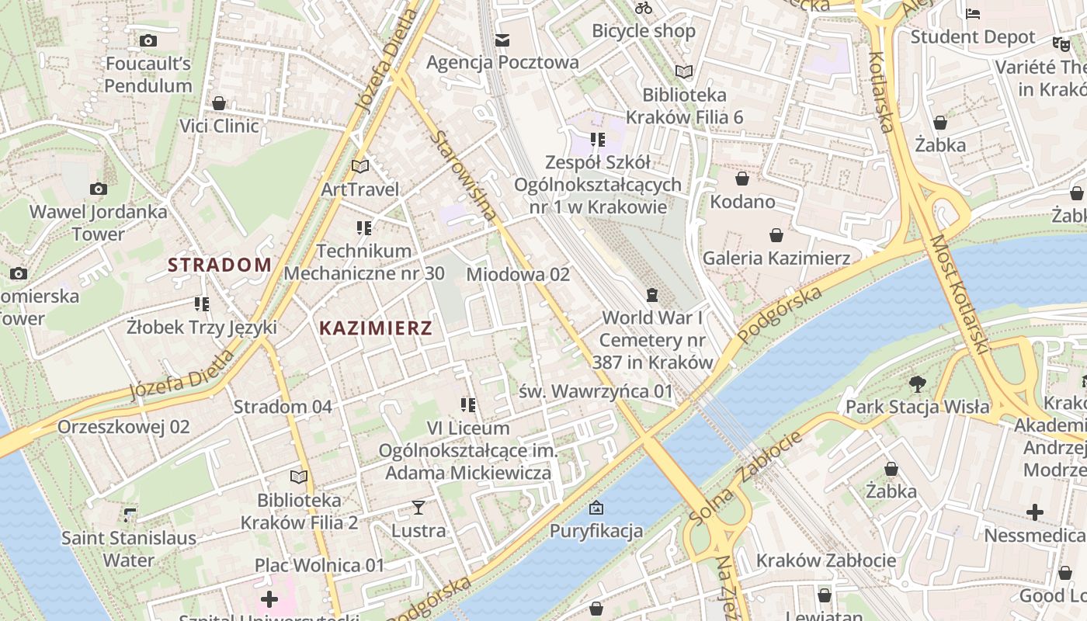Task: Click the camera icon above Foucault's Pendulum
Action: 148,40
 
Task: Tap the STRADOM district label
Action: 220,265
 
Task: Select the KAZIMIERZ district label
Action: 376,328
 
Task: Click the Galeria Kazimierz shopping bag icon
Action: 776,235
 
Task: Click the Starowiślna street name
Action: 464,175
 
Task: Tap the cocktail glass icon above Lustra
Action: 418,508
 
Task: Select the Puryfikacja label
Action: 596,531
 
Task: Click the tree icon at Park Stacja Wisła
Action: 917,383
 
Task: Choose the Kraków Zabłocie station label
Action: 826,560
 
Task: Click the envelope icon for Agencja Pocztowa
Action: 502,40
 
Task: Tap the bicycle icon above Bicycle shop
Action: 644,9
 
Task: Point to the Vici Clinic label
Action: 220,126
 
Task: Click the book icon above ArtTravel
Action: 359,166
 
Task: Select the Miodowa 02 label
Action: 518,274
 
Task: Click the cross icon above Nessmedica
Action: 1034,512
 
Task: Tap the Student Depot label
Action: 973,36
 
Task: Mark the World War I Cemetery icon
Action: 652,295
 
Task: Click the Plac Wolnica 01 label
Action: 320,565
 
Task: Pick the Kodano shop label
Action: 742,202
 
